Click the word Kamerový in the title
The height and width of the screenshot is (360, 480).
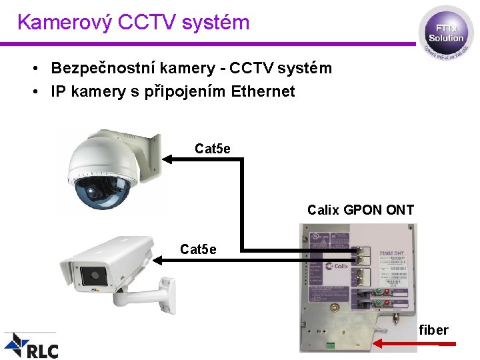tap(64, 22)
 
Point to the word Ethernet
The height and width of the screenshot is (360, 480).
tap(263, 91)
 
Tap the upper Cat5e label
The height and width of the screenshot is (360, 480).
tap(213, 148)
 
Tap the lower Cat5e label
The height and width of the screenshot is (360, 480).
tap(198, 249)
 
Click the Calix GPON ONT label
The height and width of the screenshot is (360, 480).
tap(361, 210)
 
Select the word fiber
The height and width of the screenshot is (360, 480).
tap(433, 330)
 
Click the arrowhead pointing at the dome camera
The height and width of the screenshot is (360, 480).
tap(168, 159)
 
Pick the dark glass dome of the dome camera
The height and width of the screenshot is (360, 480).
tap(101, 191)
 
